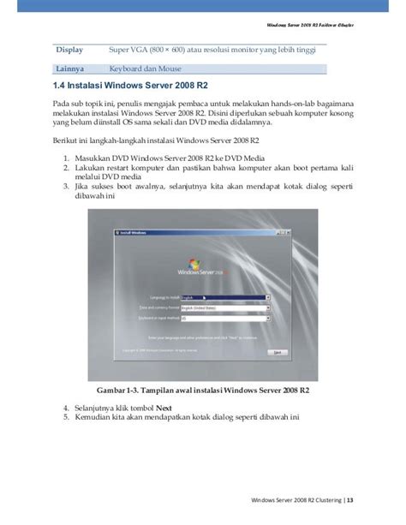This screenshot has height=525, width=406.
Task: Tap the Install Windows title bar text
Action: [116, 232]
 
